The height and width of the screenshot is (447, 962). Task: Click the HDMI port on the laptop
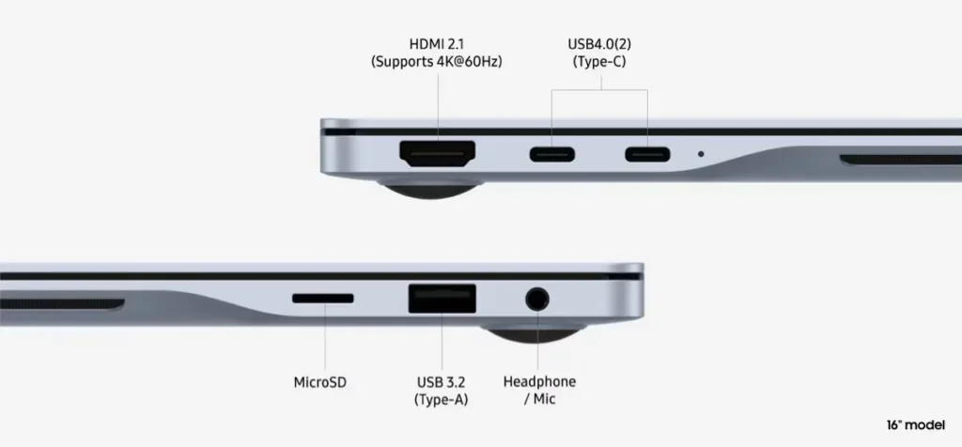point(438,154)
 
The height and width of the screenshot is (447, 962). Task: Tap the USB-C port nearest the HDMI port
point(552,155)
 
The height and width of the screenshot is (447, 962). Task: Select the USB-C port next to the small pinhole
point(647,155)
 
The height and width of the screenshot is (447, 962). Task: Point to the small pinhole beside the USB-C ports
point(701,154)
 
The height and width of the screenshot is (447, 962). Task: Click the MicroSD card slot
point(323,299)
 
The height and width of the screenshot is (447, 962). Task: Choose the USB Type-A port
point(442,300)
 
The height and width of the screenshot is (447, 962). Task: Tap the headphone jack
point(537,300)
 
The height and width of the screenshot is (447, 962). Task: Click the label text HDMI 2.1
point(437,45)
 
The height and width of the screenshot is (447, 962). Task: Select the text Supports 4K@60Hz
point(437,62)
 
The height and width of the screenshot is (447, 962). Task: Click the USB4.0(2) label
point(598,45)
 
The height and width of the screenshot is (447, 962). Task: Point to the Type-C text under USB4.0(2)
point(598,62)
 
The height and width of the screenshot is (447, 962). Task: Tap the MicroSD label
point(320,382)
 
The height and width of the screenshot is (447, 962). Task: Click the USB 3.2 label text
point(442,382)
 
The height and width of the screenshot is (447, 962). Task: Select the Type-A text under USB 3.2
point(442,400)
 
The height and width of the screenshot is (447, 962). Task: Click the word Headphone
point(539,382)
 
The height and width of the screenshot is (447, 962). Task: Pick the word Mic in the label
point(545,399)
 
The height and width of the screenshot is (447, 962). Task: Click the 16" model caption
point(916,425)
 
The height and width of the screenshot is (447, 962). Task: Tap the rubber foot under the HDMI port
point(430,187)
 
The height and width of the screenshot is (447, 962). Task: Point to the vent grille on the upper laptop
point(901,160)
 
